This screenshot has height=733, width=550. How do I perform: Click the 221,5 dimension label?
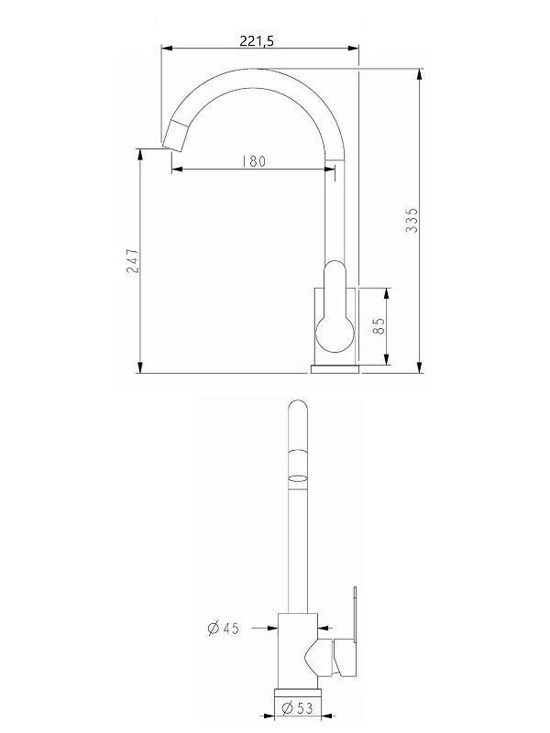point(257,40)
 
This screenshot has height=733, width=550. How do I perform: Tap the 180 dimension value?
point(254,161)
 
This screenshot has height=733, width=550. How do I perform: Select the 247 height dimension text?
point(133,260)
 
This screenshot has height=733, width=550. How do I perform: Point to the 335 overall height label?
point(412,220)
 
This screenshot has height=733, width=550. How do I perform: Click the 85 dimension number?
point(379,326)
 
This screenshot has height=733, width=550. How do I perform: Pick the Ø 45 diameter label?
point(223,628)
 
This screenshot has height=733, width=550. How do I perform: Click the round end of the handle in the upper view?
point(335,334)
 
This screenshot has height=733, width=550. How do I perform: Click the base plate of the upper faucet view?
point(335,369)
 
